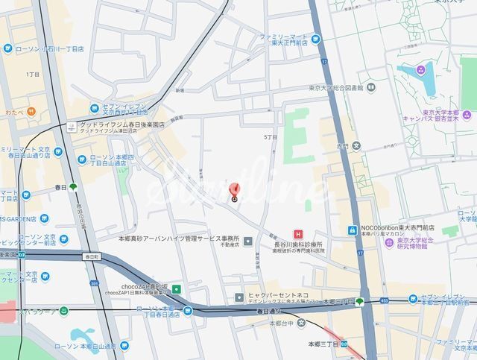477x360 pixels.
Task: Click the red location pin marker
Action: click(x=234, y=191)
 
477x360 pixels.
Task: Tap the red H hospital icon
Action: click(x=298, y=234)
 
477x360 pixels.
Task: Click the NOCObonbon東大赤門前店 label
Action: click(x=393, y=229)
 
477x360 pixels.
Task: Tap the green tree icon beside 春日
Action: click(x=73, y=187)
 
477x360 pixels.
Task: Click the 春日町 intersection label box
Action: click(x=92, y=256)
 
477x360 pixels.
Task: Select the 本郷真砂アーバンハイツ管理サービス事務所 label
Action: click(x=174, y=238)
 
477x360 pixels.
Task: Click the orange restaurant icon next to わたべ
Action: click(x=32, y=111)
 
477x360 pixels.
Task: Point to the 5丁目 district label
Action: click(x=270, y=138)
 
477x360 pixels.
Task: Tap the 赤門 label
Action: click(x=341, y=146)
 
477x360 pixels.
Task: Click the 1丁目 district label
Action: click(x=32, y=75)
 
